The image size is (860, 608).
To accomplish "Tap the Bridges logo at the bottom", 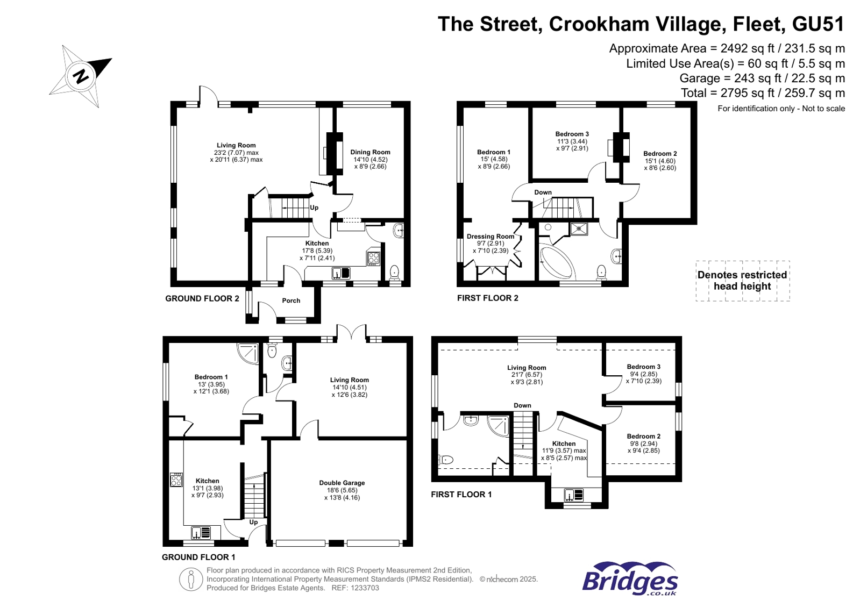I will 630,579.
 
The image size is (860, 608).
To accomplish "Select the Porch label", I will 291,301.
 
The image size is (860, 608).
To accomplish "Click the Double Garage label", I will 342,483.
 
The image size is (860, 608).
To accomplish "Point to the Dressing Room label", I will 490,237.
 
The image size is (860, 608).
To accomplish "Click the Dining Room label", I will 370,152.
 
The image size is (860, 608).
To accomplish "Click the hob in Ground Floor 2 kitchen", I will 373,258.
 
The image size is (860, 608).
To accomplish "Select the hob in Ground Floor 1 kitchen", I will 176,480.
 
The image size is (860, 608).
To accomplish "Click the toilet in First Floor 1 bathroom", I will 446,460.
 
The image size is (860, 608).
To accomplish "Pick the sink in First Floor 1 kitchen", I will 574,495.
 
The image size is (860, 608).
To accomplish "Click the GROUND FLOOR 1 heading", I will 198,557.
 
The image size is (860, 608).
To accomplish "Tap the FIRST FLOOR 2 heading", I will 487,298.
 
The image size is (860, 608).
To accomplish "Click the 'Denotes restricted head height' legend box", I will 742,281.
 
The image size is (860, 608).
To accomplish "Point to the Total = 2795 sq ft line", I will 762,93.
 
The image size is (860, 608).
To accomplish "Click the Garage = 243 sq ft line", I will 762,78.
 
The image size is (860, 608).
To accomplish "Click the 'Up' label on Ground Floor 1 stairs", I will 253,522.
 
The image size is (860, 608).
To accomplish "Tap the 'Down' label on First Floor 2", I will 543,192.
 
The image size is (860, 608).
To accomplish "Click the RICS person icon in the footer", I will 190,580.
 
